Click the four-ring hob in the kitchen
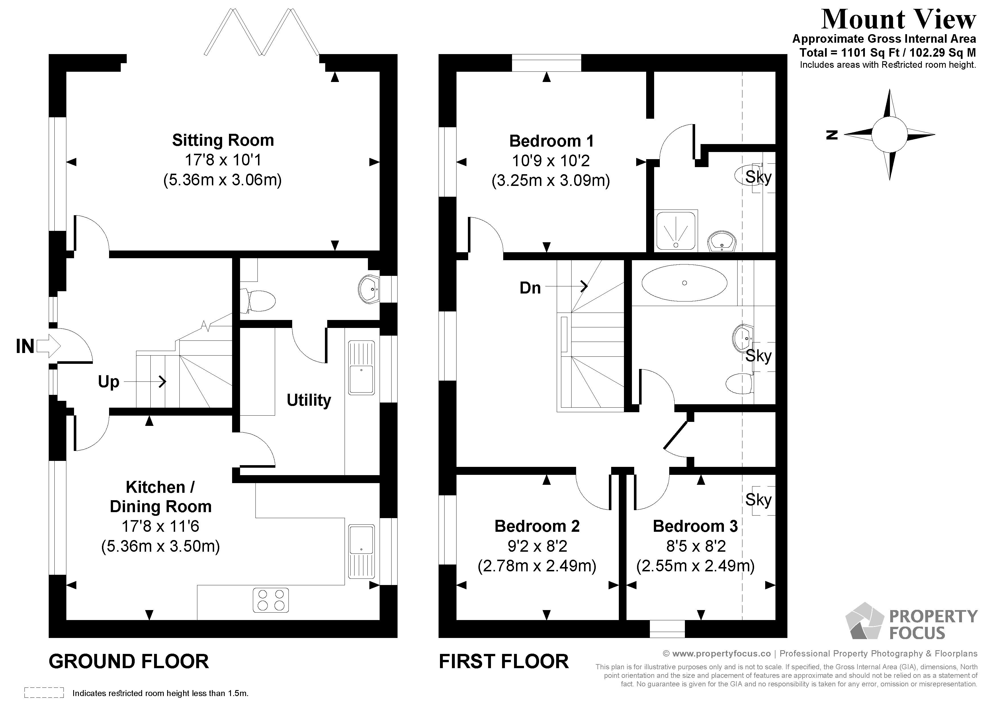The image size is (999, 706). [x=271, y=600]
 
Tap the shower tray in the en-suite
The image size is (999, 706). [x=676, y=231]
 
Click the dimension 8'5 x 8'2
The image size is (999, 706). [x=696, y=546]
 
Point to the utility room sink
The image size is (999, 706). [x=361, y=368]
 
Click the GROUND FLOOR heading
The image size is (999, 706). [x=129, y=662]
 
